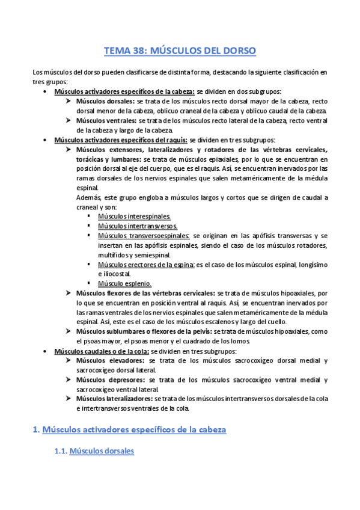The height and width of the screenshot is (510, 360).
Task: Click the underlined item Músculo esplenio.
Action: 124,283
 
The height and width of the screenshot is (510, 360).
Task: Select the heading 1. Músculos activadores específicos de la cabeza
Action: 128,430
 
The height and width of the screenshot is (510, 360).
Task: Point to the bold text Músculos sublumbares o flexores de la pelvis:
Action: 144,331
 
